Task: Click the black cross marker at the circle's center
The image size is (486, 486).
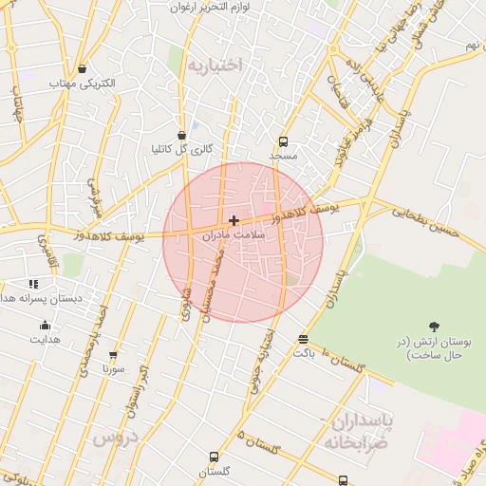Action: (234, 220)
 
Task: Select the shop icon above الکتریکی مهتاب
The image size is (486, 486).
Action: (83, 68)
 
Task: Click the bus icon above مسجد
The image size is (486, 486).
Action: (283, 140)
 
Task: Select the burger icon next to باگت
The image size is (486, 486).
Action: (303, 339)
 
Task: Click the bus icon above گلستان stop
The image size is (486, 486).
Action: (214, 457)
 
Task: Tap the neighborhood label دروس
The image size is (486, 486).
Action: (116, 439)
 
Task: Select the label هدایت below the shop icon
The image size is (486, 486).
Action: (45, 338)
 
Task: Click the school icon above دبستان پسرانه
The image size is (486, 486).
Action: (34, 283)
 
